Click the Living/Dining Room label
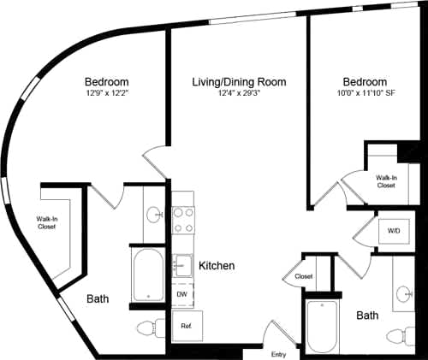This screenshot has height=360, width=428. coord(238,81)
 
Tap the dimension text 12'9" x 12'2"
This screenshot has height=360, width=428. coord(107,92)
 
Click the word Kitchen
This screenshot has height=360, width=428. coord(217,266)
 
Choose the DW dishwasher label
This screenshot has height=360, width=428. coord(181,294)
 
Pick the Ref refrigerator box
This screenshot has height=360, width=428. coord(185,325)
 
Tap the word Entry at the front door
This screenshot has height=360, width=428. coord(279,354)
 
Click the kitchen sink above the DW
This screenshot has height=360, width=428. coord(182,264)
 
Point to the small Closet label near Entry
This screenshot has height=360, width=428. coord(303,277)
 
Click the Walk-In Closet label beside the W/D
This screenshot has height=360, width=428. coord(386,180)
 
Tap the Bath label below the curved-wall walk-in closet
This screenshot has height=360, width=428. coord(97,299)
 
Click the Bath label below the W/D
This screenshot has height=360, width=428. coord(367,316)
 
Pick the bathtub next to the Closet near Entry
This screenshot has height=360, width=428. coord(323,327)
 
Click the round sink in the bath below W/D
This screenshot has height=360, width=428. coord(405,296)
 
